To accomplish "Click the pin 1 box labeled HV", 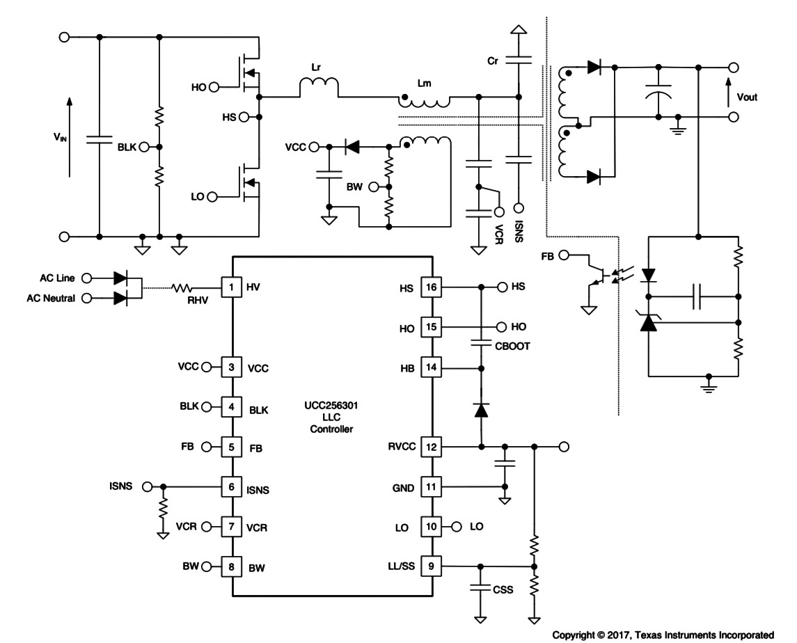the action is (231, 287).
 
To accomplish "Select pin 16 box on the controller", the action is (431, 287).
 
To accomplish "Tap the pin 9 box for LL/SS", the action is (431, 566).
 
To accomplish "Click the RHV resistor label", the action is (198, 301).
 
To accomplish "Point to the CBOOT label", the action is (512, 346).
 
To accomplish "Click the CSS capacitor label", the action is (503, 589).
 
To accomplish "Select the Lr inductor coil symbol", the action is (319, 87).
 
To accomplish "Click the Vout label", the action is (747, 97).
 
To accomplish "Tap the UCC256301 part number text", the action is (331, 406).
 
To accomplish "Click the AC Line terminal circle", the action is (87, 278).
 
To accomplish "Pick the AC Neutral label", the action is (51, 299).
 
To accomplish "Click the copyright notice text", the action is (663, 635).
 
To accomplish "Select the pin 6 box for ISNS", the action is (231, 487).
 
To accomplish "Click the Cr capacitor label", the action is (493, 61).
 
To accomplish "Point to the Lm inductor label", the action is (424, 84).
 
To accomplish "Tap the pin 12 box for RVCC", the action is (431, 447).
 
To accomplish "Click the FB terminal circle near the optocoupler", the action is (564, 255).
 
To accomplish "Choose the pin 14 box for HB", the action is (431, 367).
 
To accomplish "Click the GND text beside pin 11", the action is (403, 488).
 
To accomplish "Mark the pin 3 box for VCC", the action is (231, 367).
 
